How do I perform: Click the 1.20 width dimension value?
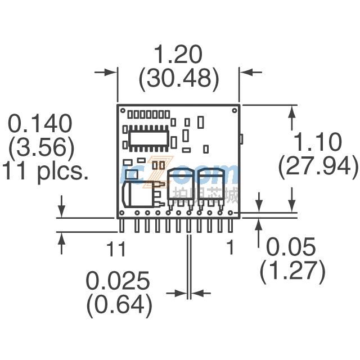(178, 55)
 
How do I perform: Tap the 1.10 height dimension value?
(318, 142)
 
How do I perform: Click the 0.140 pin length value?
(40, 123)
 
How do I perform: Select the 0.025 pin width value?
(118, 281)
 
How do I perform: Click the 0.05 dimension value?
(291, 247)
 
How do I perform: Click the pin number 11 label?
(116, 249)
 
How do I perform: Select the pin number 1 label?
(230, 247)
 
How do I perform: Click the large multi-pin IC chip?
(148, 138)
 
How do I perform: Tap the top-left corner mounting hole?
(123, 111)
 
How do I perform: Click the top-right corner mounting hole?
(235, 111)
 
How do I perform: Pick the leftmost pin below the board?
(122, 226)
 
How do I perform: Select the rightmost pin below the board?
(230, 226)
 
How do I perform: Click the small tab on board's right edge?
(241, 139)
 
